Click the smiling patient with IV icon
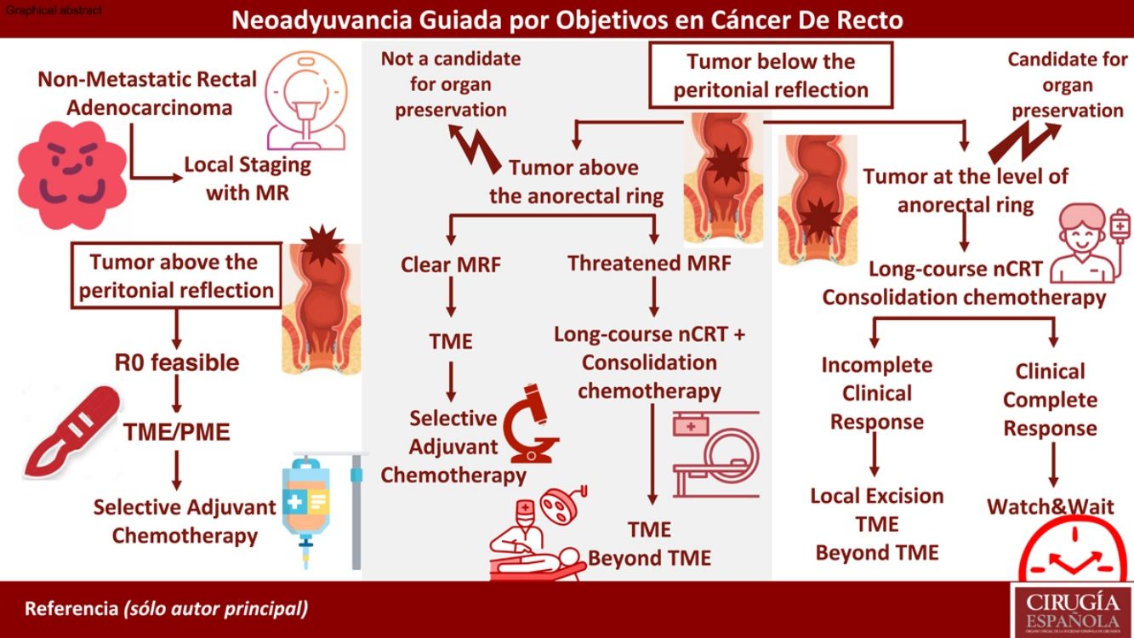pyautogui.click(x=1082, y=247)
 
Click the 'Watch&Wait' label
pyautogui.click(x=1050, y=507)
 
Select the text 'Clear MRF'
pyautogui.click(x=450, y=265)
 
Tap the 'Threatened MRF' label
pyautogui.click(x=649, y=264)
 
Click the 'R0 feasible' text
pyautogui.click(x=176, y=362)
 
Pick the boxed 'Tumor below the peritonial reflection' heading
pyautogui.click(x=771, y=76)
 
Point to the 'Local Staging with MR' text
pyautogui.click(x=247, y=178)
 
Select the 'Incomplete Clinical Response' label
pyautogui.click(x=876, y=393)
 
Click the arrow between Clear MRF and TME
pyautogui.click(x=450, y=302)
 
